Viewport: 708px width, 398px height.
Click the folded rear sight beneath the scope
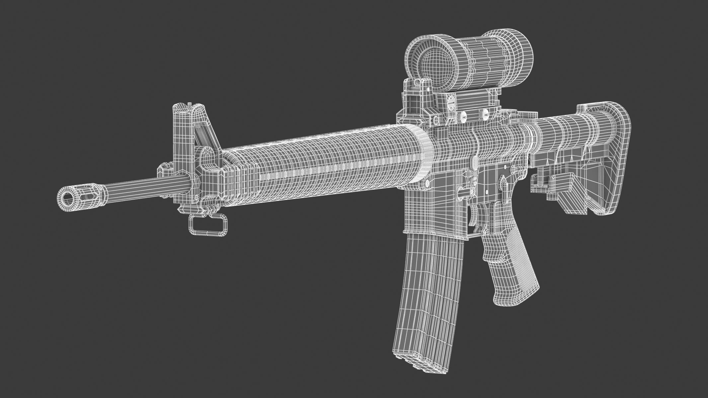click(x=412, y=99)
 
